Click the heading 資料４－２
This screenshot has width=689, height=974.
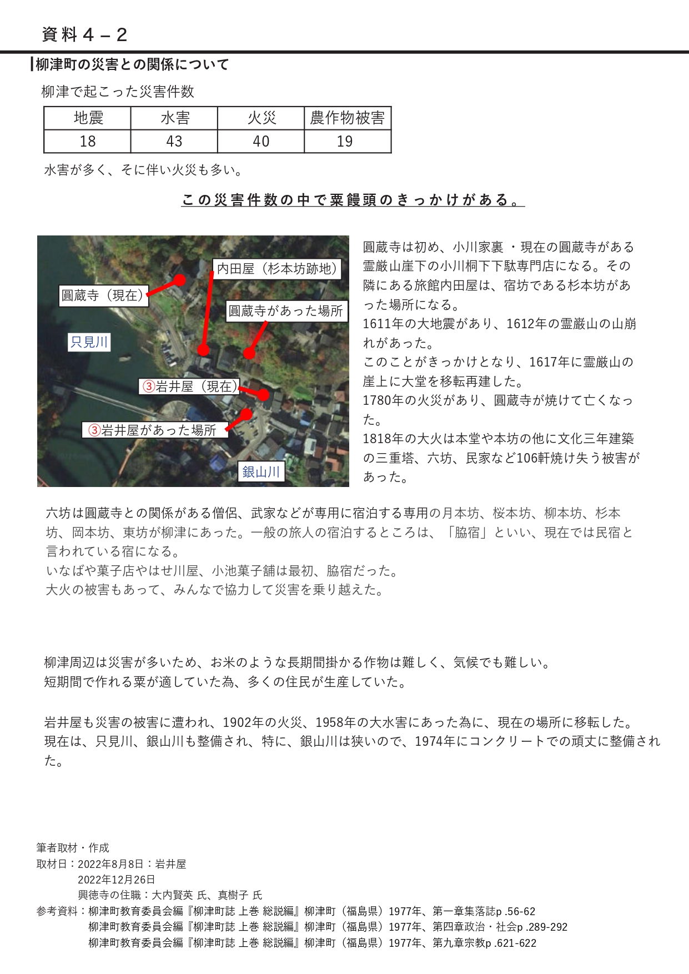point(84,35)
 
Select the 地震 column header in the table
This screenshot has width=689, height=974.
point(88,118)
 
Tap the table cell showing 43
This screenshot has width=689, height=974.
point(174,142)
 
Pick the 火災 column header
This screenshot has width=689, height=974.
point(261,118)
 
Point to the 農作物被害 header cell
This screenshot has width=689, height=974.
point(348,118)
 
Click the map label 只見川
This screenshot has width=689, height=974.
point(89,342)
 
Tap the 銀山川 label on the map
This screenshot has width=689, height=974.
point(261,472)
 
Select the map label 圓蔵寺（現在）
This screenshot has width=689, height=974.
point(103,295)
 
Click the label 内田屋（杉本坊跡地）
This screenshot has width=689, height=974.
point(277,269)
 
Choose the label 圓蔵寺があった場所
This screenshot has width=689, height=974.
point(286,311)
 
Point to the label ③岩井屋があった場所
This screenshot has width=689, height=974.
point(155,430)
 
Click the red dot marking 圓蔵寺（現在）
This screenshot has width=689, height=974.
point(179,280)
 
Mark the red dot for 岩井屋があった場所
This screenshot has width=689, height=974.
point(246,414)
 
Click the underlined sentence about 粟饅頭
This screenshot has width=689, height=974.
point(353,200)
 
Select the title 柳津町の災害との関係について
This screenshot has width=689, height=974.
point(132,65)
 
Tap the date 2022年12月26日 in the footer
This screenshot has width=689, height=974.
point(117,880)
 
